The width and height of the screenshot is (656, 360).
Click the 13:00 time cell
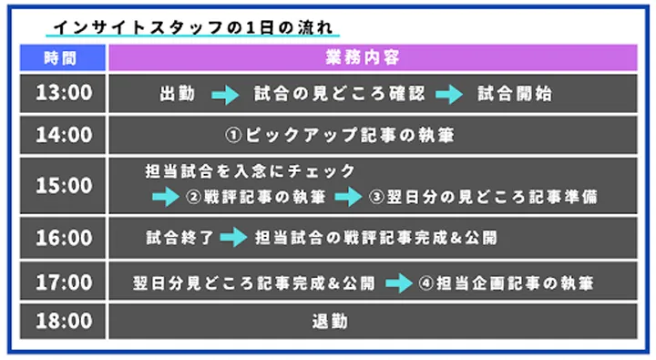63,93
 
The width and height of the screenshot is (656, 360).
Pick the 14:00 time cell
63,136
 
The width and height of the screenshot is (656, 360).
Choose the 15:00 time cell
63,185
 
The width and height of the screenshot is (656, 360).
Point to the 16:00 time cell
63,238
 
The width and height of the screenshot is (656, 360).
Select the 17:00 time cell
63,283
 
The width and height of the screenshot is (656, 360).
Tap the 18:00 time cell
63,321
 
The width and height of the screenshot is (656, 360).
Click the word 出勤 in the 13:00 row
177,94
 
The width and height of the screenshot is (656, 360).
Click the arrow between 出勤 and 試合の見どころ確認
224,94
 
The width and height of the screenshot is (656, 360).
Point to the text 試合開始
514,94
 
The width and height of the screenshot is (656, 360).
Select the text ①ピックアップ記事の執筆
339,137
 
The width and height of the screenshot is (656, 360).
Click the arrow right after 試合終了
233,239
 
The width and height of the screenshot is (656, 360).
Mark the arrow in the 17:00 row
398,283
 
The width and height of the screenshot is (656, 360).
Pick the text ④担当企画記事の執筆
507,283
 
